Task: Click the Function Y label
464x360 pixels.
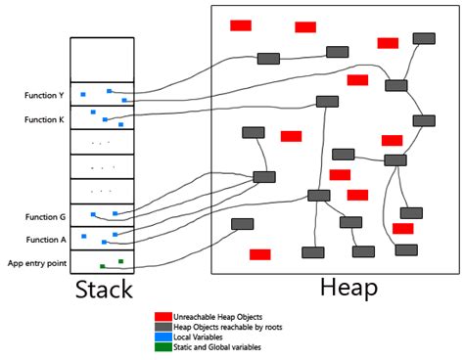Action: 34,96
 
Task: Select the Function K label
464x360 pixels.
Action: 34,119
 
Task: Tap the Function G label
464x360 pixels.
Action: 34,216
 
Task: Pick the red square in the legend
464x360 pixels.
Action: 162,317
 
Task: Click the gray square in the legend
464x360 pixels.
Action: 162,328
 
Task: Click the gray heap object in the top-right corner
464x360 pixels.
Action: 424,38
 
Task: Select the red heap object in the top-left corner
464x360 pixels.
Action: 241,25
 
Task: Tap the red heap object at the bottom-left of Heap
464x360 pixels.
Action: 259,254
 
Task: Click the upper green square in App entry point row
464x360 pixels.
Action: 120,260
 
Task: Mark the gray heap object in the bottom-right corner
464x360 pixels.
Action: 406,249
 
